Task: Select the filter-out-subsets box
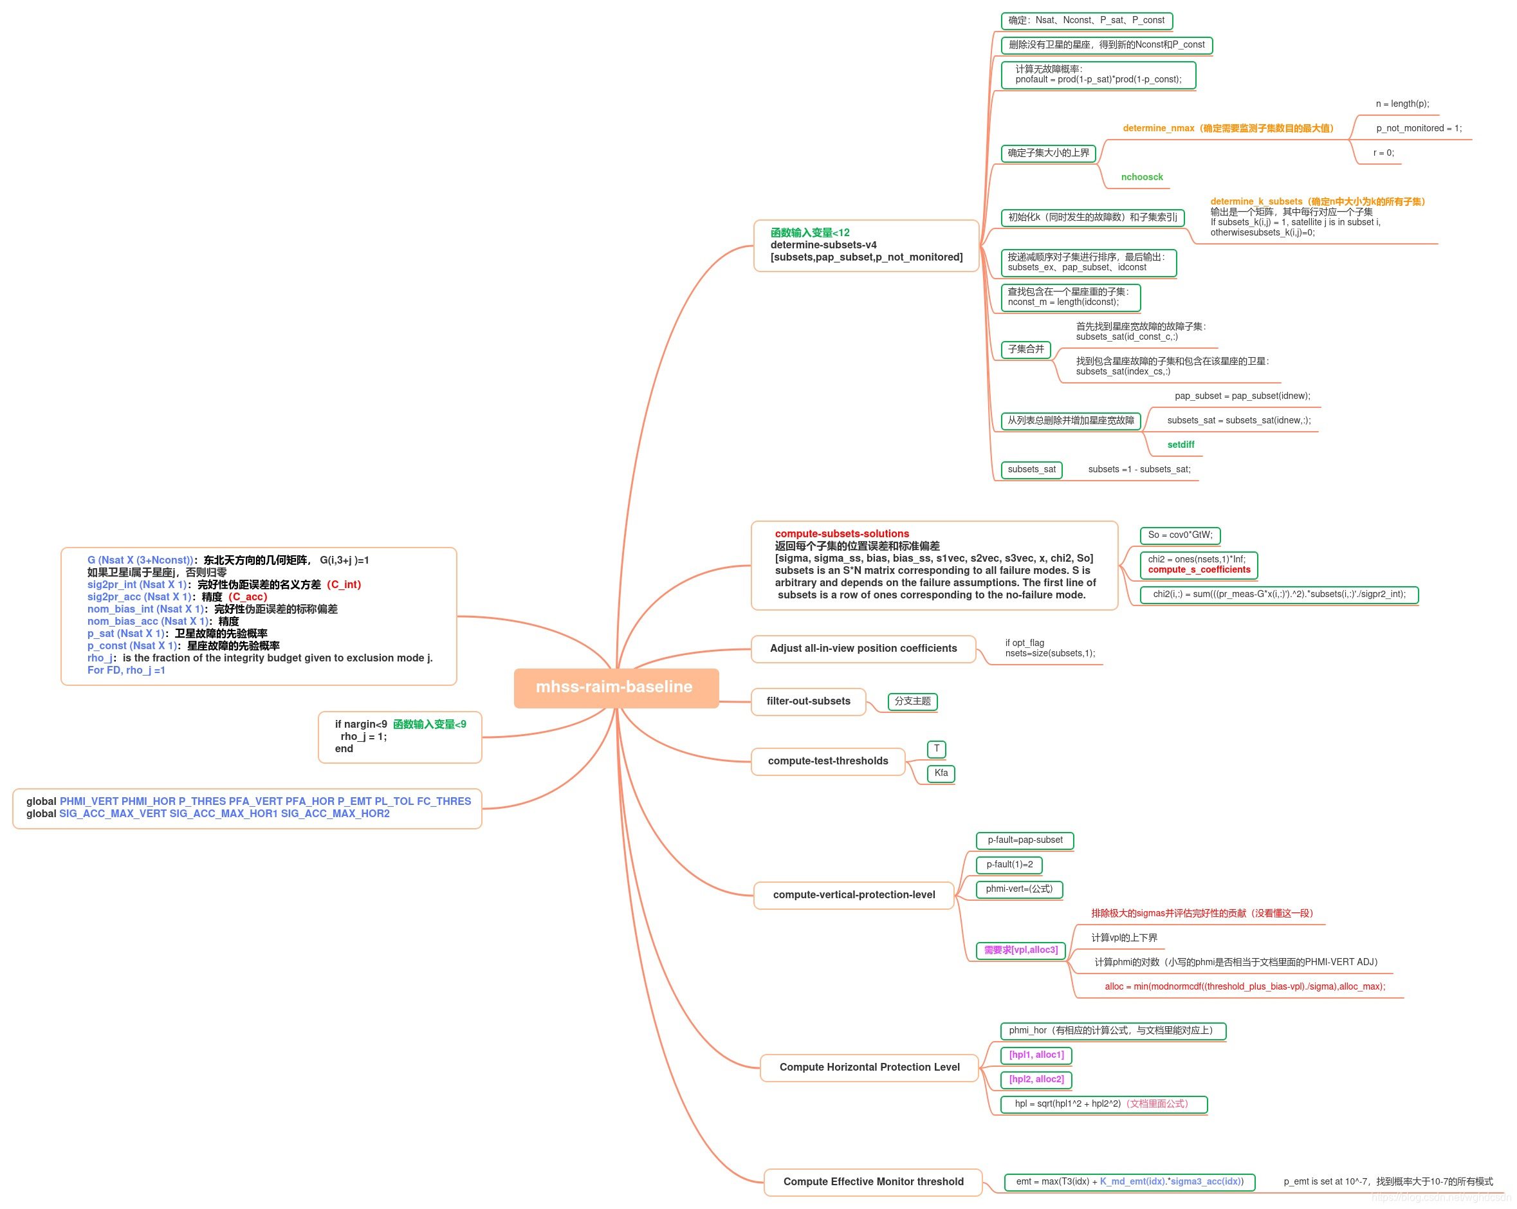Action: tap(808, 701)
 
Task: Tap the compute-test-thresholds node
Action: tap(827, 761)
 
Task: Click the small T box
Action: tap(937, 749)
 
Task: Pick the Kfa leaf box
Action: tap(941, 773)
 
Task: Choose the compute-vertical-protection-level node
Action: tap(854, 894)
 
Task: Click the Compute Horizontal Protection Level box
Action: tap(869, 1067)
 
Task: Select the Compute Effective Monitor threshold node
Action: tap(873, 1181)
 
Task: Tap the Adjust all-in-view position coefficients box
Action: tap(863, 648)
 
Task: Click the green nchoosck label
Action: tap(1141, 178)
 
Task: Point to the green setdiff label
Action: tap(1180, 445)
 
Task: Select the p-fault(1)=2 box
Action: tap(1009, 864)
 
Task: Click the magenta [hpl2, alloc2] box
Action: tap(1036, 1079)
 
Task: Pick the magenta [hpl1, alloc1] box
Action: tap(1036, 1054)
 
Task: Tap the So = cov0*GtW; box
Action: tap(1179, 535)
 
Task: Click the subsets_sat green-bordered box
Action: tap(1031, 470)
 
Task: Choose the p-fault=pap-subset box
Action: tap(1024, 840)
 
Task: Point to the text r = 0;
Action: tap(1383, 152)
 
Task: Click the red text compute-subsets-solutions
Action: tap(841, 534)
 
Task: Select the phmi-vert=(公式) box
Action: tap(1019, 889)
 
